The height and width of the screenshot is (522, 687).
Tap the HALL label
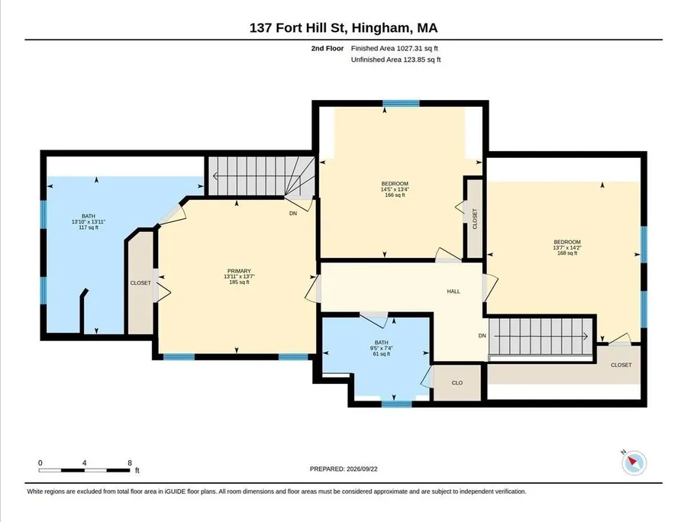coord(453,292)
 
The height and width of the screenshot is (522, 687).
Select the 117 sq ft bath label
coord(89,221)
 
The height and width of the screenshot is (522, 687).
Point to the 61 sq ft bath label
coord(381,348)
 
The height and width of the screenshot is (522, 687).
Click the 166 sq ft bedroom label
coord(395,189)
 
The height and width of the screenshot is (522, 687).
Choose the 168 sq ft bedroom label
coord(567,247)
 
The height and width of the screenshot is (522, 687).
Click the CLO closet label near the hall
coord(457,383)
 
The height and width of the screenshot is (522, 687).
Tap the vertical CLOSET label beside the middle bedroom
coord(475,218)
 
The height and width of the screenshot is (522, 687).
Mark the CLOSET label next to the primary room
coord(140,283)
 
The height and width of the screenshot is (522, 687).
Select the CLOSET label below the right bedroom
coord(621,365)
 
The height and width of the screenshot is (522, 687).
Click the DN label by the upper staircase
coord(293,213)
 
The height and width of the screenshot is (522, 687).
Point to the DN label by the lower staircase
coord(482,336)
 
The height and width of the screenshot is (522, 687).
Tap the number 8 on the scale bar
coord(130,463)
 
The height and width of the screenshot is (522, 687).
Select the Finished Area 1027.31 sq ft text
coord(395,49)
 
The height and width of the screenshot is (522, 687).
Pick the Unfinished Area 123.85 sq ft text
coord(395,60)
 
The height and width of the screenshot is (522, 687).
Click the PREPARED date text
coord(343,469)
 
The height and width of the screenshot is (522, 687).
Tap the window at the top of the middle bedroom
coord(401,103)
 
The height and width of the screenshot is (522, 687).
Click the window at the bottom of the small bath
coord(396,403)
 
